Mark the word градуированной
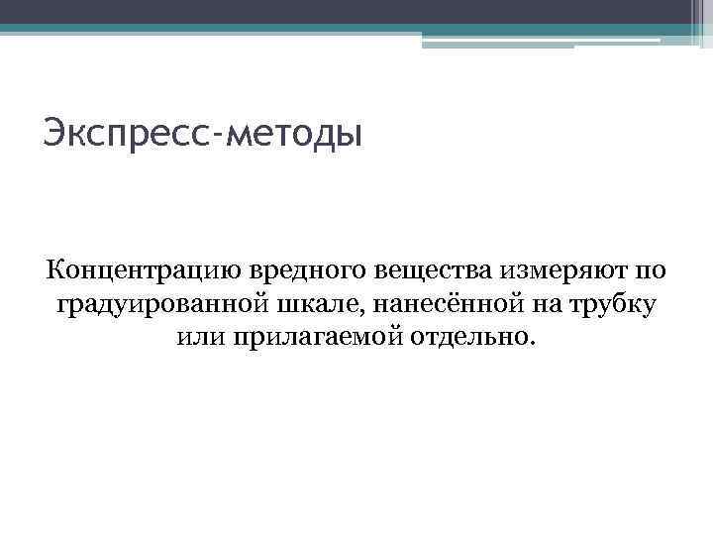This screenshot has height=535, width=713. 155,303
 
